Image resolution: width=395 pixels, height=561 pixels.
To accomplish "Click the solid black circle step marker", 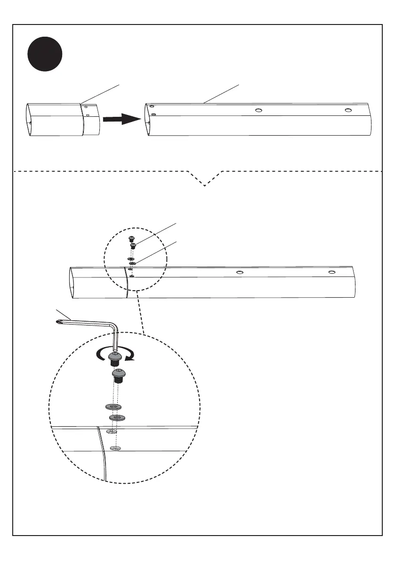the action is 44,55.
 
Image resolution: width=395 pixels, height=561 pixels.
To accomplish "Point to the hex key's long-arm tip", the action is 57,321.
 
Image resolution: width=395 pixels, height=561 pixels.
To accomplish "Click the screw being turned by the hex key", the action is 115,359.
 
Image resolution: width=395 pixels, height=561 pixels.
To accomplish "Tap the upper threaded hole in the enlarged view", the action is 112,431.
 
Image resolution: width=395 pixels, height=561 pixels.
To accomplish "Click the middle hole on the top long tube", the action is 258,110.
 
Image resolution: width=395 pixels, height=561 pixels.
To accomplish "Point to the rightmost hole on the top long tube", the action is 347,110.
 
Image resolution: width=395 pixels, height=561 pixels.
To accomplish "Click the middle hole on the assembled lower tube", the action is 240,272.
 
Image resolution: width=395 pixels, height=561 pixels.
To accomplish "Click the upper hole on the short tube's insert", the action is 86,107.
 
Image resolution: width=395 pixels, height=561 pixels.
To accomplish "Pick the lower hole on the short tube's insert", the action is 88,115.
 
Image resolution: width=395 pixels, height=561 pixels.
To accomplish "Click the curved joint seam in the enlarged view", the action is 102,452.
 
